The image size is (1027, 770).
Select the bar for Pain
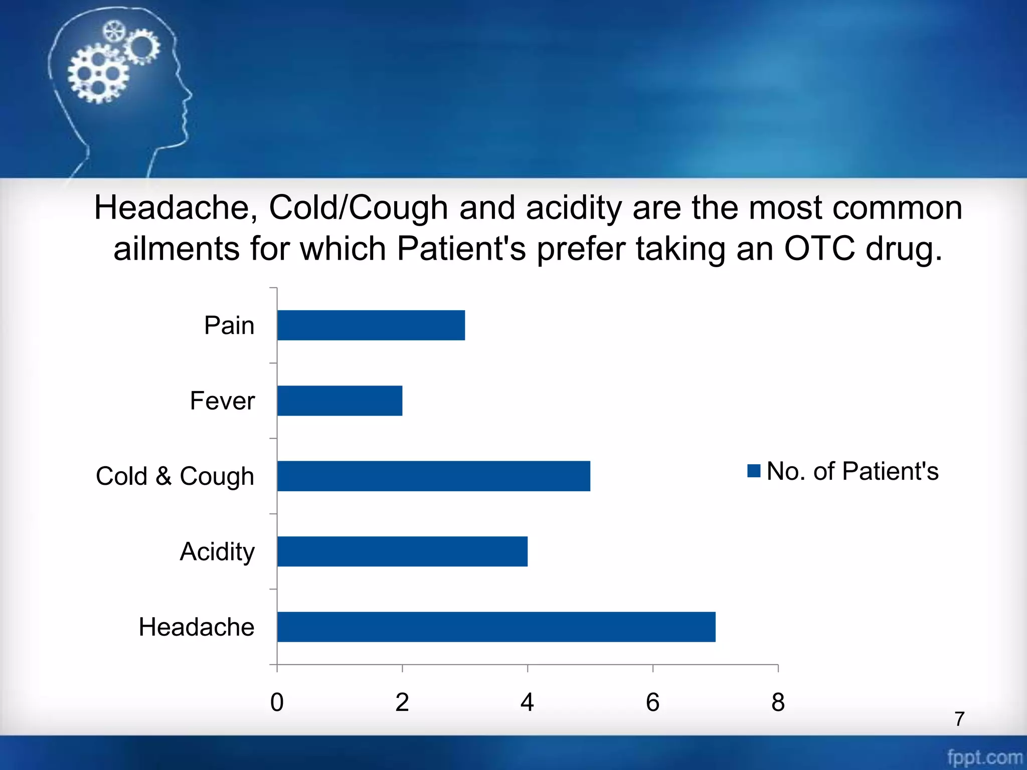371,325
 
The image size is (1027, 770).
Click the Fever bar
339,401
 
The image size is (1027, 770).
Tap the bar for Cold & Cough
434,476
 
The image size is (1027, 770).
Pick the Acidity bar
402,551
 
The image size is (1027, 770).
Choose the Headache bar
496,627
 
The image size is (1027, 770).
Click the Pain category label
229,325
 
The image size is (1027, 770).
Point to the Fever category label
222,401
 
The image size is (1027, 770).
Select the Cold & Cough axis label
175,476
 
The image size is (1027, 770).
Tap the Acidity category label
217,551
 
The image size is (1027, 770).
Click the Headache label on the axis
197,627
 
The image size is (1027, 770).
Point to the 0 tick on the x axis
277,702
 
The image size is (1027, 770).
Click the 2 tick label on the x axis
402,702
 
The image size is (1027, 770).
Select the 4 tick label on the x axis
527,702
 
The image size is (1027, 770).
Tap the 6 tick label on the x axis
652,702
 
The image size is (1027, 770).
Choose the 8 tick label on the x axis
778,702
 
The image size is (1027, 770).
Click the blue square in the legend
754,471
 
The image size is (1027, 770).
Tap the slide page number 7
959,719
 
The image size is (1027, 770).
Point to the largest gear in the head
98,74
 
